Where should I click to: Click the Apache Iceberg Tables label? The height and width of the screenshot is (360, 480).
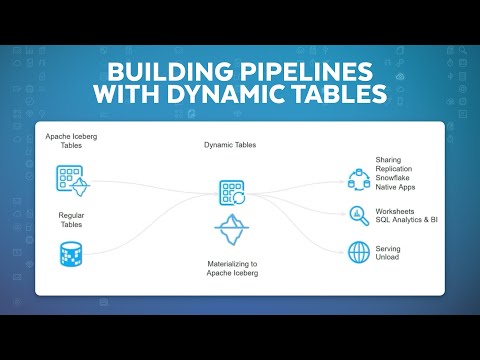click(71, 140)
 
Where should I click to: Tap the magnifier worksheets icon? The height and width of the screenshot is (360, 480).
click(358, 214)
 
